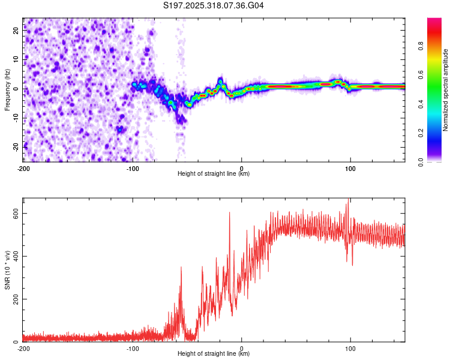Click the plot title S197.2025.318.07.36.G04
[214, 5]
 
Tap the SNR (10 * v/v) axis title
[7, 269]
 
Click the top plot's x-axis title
[214, 174]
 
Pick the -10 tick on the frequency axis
[16, 117]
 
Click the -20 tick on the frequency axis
[16, 146]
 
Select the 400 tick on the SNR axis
[14, 256]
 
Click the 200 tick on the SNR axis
[14, 299]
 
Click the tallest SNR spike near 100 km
[349, 200]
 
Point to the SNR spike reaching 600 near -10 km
[229, 212]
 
